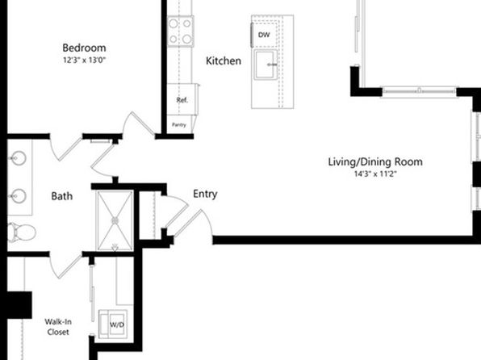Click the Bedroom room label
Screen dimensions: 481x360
pos(84,48)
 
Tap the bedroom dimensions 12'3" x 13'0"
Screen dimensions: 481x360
pos(84,61)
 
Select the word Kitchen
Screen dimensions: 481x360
pos(224,61)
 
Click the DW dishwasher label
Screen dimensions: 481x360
pos(264,35)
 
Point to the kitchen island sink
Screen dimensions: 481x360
pos(266,65)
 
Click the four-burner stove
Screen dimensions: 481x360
pos(181,31)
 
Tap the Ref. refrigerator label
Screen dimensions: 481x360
pos(182,100)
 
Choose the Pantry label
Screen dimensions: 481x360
pos(179,125)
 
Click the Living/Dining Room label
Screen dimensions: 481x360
pos(375,161)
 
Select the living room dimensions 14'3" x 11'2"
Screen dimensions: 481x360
pos(375,174)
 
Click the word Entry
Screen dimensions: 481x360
pos(205,195)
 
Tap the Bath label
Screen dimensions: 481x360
pos(61,196)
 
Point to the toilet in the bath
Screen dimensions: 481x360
pos(22,232)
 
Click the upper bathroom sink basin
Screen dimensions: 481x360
pos(18,158)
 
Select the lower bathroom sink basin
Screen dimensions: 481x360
pos(18,196)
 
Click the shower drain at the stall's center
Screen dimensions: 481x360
pos(115,220)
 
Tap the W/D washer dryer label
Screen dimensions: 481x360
pos(117,324)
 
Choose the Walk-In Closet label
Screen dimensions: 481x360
pos(58,327)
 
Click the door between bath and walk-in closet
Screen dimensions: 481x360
pos(66,266)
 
